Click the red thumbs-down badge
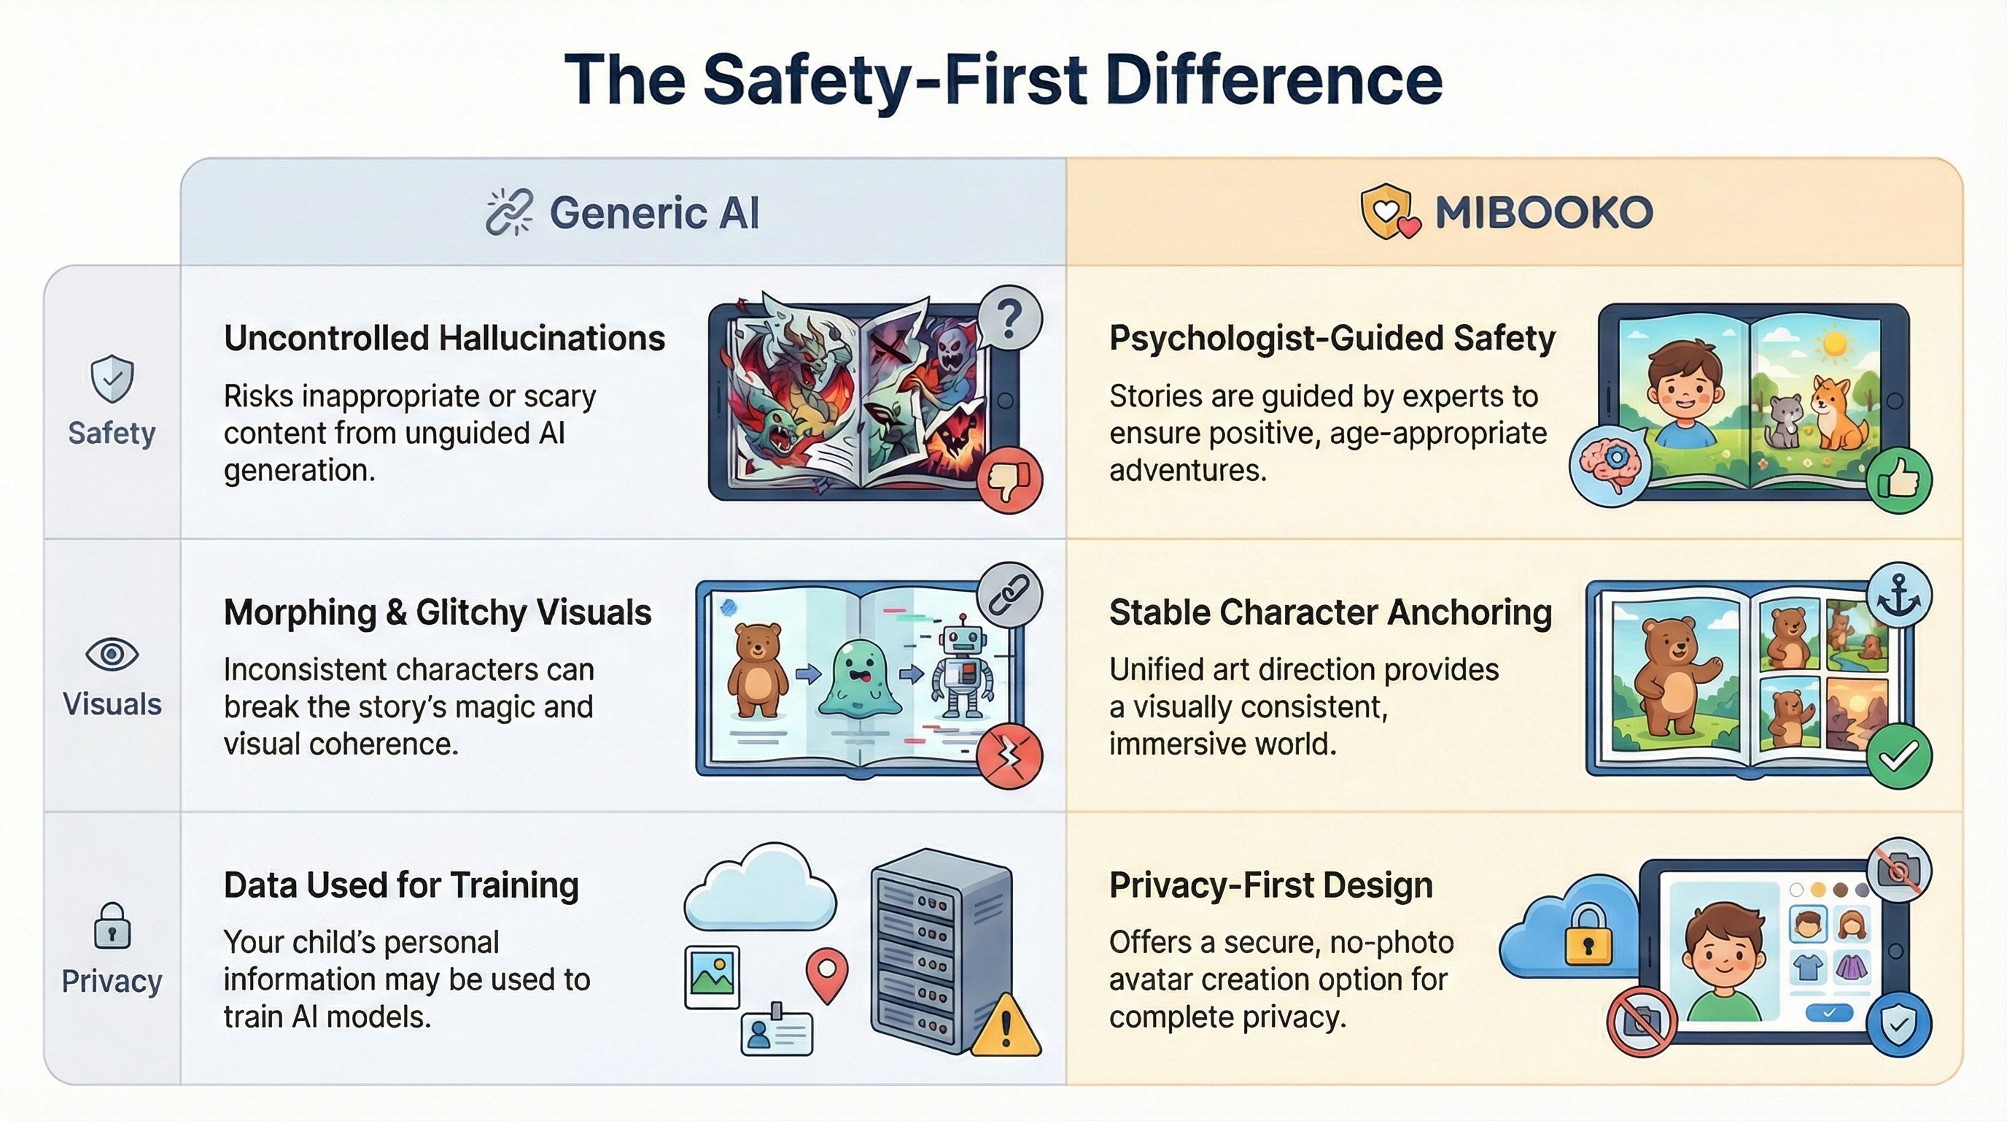pyautogui.click(x=1009, y=479)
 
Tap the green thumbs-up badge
pyautogui.click(x=1899, y=479)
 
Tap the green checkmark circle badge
pyautogui.click(x=1899, y=755)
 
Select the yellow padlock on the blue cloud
pyautogui.click(x=1587, y=936)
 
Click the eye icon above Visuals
pyautogui.click(x=112, y=653)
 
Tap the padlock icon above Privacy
pyautogui.click(x=112, y=925)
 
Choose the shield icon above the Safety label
pyautogui.click(x=112, y=379)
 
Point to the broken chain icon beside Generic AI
pyautogui.click(x=510, y=211)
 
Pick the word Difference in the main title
pyautogui.click(x=1274, y=80)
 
